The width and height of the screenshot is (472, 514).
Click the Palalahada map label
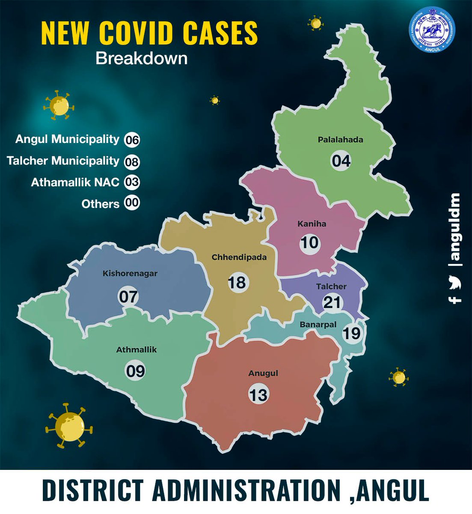click(340, 140)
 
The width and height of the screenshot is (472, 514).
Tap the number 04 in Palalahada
click(341, 161)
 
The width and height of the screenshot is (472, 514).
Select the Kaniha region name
click(312, 224)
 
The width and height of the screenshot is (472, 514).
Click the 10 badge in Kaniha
click(309, 243)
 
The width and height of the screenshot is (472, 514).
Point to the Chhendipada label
click(239, 257)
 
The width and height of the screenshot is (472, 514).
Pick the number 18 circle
click(237, 282)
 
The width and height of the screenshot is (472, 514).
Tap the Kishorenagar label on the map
click(130, 273)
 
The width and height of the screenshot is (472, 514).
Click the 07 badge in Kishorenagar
click(128, 296)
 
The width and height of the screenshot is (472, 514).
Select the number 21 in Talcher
click(332, 302)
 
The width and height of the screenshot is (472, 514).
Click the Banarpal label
click(318, 325)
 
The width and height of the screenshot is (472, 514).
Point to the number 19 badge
click(352, 333)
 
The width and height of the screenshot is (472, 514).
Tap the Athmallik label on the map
click(137, 350)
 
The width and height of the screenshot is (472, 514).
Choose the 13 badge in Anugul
click(258, 394)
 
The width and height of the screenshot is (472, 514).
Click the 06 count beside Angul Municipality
click(132, 140)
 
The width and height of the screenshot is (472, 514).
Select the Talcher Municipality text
click(63, 161)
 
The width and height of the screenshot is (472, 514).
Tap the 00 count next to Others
click(132, 203)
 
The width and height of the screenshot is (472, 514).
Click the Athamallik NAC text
click(75, 182)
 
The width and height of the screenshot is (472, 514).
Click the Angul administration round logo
click(432, 30)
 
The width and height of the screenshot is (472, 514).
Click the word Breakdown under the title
click(141, 58)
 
